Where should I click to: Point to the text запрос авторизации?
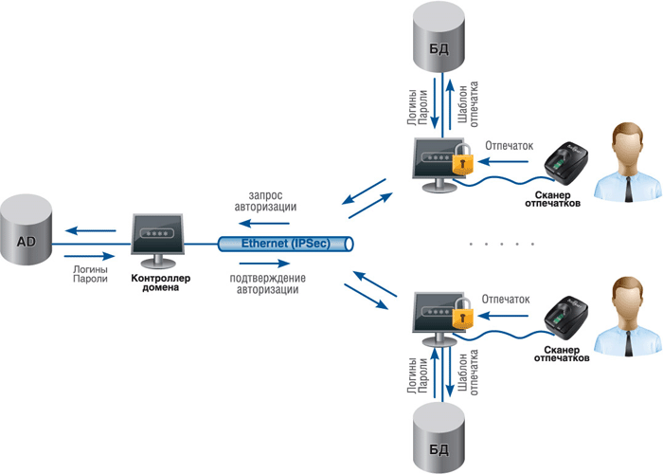point(270,201)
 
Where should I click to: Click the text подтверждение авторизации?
point(267,284)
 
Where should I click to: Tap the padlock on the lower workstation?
point(461,316)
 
